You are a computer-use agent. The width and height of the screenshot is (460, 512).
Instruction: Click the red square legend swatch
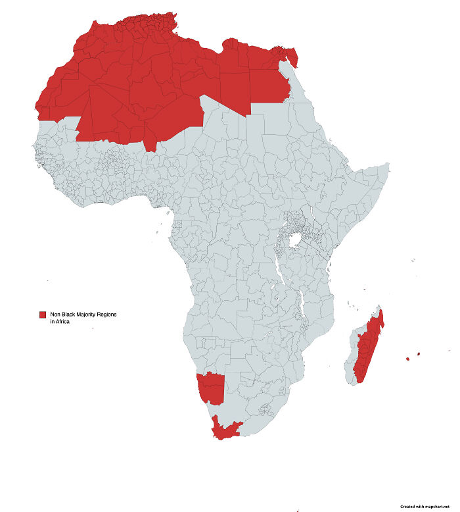pos(43,315)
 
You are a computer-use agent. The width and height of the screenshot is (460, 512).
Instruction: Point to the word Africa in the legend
pos(62,322)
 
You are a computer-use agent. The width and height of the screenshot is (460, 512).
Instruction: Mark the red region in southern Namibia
pos(212,388)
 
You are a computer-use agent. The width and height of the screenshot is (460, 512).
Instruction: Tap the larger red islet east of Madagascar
pos(408,359)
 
